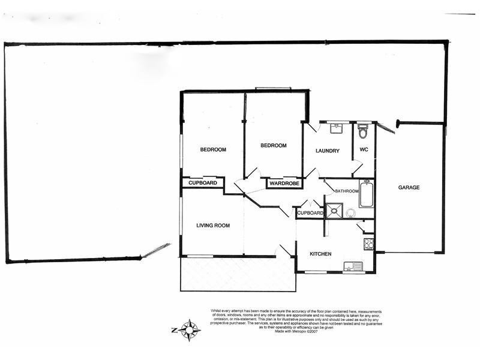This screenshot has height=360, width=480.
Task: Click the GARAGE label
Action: pos(409,187)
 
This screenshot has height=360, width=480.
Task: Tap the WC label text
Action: pos(364,149)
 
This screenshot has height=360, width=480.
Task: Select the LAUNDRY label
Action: pos(328,151)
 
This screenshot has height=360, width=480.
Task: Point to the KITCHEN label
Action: pos(320,254)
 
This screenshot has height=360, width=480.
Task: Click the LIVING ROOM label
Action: pos(214,226)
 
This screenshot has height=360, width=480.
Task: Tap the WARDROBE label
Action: pos(284,183)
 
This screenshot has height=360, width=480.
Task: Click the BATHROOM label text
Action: pos(347,191)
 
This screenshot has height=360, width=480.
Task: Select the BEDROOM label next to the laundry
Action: pos(273,145)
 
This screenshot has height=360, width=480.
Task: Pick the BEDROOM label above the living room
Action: pos(213,149)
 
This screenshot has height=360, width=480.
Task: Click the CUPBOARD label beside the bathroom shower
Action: pos(310,213)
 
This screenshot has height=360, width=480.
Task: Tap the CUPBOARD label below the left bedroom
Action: pos(203,182)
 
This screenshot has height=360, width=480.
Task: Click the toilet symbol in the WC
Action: pos(362,130)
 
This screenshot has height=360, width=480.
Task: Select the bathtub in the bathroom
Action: pos(366,193)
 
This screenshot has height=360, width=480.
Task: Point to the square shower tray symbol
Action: pos(334,211)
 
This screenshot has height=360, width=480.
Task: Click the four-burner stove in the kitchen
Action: pos(368,244)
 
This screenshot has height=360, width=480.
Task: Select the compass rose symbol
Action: pos(190,329)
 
